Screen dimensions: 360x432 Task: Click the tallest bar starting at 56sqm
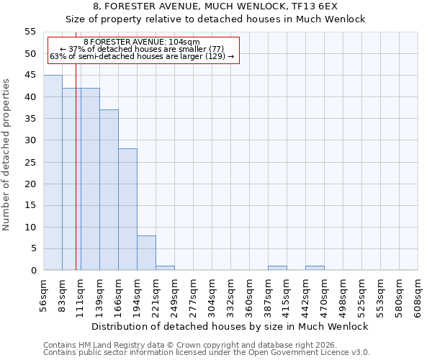[53, 173]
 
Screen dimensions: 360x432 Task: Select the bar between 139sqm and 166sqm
[109, 190]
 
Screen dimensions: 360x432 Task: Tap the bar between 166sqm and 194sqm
[127, 210]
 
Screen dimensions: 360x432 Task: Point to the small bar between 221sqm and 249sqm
[165, 268]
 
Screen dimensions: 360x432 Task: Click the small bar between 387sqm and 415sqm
[277, 268]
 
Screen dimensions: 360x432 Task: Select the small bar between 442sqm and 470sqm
[315, 268]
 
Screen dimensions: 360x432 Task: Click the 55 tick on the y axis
[30, 32]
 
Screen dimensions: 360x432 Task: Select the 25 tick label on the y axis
[30, 162]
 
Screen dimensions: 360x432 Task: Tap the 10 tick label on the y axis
[30, 227]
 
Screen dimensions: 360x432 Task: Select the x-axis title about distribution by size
[230, 326]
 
